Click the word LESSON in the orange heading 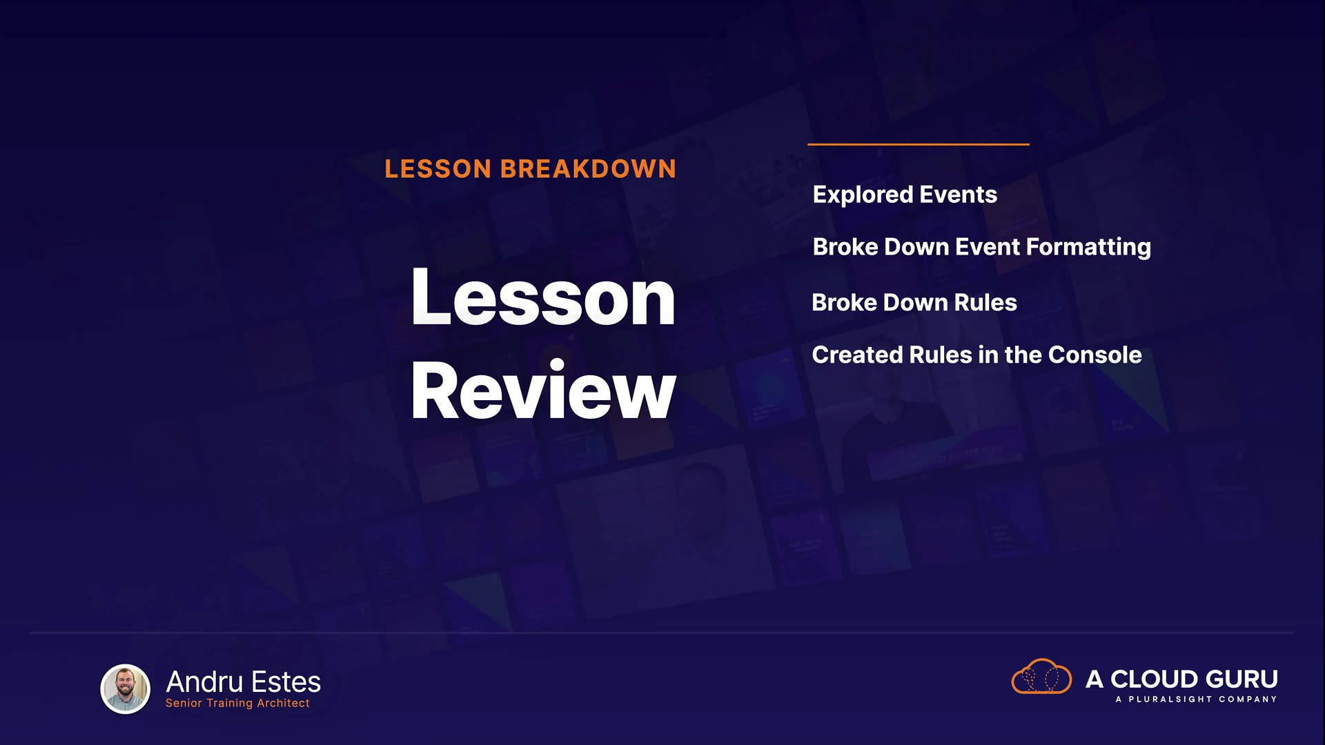pyautogui.click(x=438, y=169)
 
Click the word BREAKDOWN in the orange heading pyautogui.click(x=588, y=169)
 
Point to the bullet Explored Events pyautogui.click(x=905, y=195)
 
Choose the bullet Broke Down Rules pyautogui.click(x=914, y=302)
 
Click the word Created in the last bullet pyautogui.click(x=857, y=355)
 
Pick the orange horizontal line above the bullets pyautogui.click(x=919, y=144)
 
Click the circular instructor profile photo pyautogui.click(x=126, y=688)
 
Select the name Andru pyautogui.click(x=204, y=682)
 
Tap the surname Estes pyautogui.click(x=286, y=682)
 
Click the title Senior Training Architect pyautogui.click(x=237, y=703)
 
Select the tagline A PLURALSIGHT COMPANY pyautogui.click(x=1197, y=699)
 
